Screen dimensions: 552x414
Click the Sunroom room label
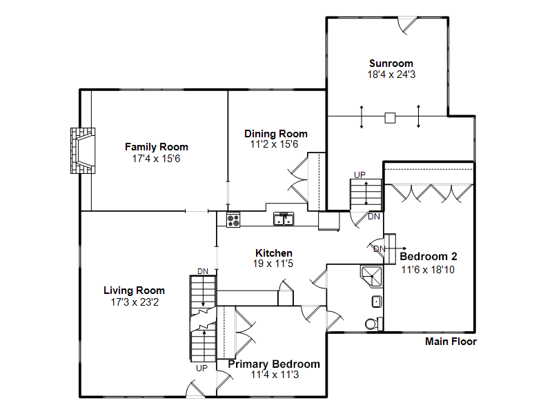point(391,63)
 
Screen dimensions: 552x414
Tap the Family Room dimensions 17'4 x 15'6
point(157,159)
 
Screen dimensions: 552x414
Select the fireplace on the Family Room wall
point(83,150)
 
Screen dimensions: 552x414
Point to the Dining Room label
point(276,134)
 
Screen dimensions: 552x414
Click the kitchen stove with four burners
point(233,219)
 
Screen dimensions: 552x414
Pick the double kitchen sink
point(284,219)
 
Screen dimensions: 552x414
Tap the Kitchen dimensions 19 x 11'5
point(273,264)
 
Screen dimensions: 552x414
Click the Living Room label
point(134,290)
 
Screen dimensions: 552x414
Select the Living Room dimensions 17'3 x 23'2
point(135,302)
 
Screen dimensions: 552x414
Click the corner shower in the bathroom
point(372,277)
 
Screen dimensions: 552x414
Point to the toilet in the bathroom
point(373,324)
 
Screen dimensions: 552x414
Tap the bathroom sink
point(377,302)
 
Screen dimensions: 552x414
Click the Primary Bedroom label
point(274,364)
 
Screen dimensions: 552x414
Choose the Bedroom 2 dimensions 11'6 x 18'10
point(428,270)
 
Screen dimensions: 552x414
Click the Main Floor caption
point(451,342)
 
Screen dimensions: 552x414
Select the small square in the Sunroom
point(390,118)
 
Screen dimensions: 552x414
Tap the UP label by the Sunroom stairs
point(359,175)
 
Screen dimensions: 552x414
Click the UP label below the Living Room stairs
point(201,368)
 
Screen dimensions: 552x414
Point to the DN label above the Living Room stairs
point(203,271)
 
